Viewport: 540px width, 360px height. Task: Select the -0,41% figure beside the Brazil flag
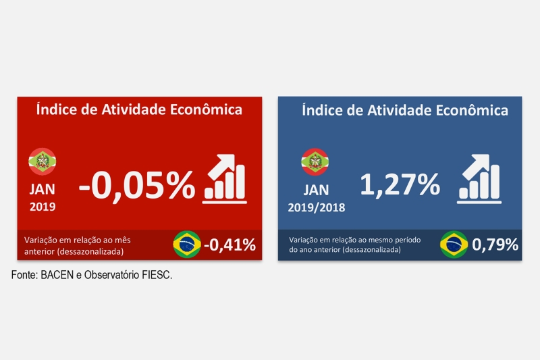[x=230, y=244]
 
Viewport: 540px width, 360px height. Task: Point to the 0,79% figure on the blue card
[x=495, y=245]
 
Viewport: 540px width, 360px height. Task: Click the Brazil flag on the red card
[x=187, y=244]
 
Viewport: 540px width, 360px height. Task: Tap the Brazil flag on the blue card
[x=454, y=245]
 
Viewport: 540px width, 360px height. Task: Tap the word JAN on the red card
[x=43, y=190]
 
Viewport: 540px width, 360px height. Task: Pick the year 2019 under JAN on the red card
[x=43, y=206]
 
